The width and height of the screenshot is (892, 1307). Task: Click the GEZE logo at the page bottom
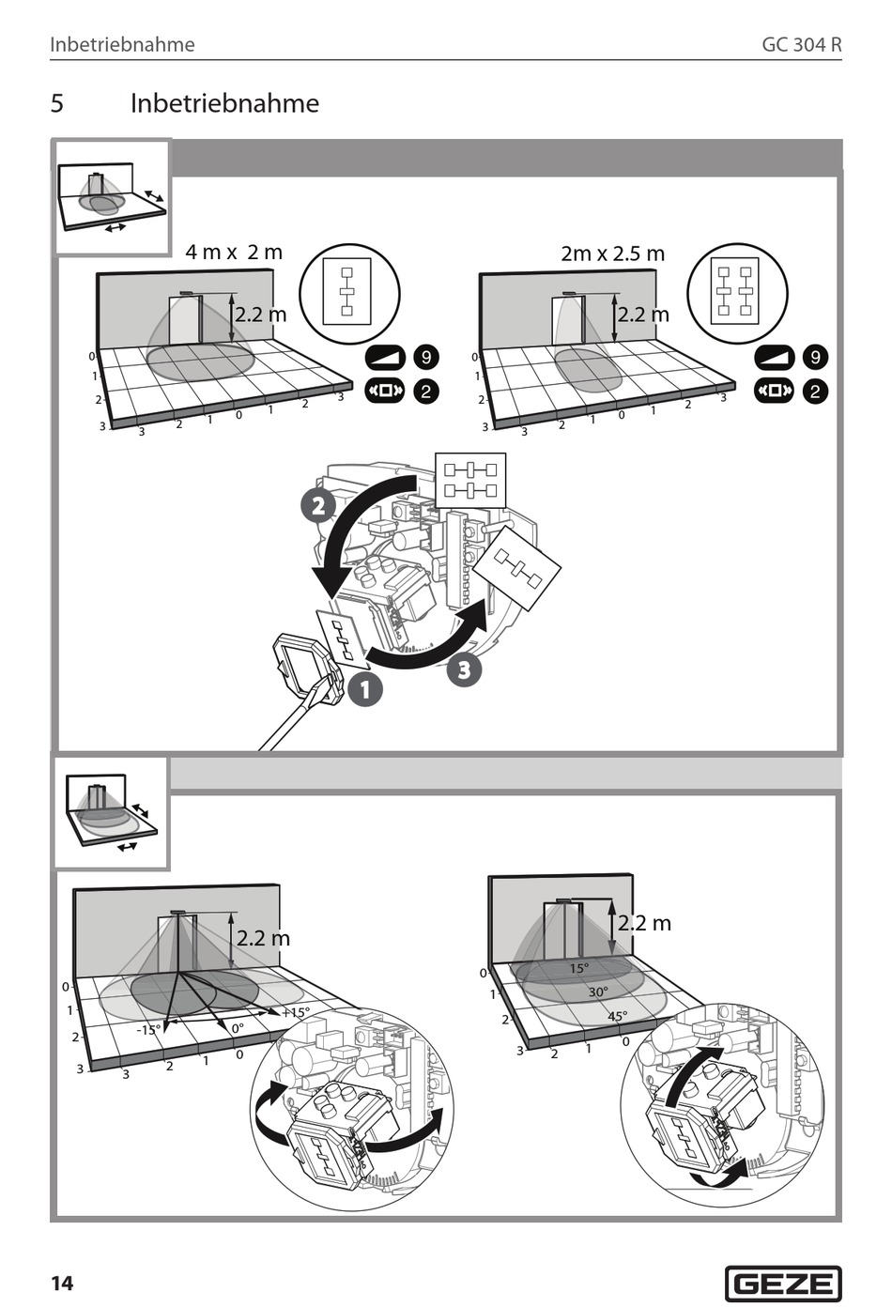pos(783,1283)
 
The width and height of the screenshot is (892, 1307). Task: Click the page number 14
pos(62,1284)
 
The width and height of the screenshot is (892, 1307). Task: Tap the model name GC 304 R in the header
pos(801,44)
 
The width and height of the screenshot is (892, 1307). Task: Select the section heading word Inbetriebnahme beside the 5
pos(224,103)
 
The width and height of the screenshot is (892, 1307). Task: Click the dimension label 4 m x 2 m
pos(234,252)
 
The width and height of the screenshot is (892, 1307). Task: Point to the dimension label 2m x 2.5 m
pos(612,254)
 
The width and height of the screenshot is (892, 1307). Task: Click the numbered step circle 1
pos(364,690)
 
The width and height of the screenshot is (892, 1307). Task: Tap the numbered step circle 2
pos(317,506)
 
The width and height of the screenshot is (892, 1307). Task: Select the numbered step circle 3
pos(463,669)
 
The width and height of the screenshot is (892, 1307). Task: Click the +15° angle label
pos(295,1012)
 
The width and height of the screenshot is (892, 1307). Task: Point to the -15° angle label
pos(148,1029)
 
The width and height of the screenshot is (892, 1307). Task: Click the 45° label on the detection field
pos(617,1016)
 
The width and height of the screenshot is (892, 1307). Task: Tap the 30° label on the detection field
pos(598,992)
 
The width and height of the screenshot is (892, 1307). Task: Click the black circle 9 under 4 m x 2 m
pos(426,357)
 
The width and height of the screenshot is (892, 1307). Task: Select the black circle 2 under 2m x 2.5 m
pos(814,392)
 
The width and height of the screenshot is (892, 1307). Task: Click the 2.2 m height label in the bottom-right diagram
pos(644,923)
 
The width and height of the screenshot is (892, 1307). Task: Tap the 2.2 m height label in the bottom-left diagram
pos(263,938)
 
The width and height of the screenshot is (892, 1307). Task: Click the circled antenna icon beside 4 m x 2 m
pos(349,294)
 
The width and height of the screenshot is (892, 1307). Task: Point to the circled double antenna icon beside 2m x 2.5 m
pos(736,294)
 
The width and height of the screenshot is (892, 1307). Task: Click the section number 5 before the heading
pos(57,103)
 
